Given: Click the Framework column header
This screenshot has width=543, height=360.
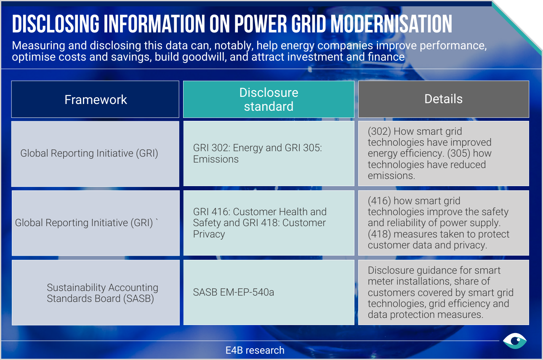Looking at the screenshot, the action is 95,99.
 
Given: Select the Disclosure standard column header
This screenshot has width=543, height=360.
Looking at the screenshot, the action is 269,99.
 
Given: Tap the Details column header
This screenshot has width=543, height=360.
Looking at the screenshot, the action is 443,99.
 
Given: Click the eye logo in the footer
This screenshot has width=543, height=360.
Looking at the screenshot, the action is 515,341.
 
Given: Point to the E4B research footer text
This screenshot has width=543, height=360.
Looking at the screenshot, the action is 255,350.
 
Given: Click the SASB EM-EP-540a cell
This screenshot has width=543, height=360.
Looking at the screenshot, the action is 269,292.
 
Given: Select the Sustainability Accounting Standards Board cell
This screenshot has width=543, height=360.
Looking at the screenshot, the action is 96,293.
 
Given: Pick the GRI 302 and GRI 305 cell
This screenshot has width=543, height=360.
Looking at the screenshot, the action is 269,153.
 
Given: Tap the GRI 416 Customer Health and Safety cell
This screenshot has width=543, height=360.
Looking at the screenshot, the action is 269,223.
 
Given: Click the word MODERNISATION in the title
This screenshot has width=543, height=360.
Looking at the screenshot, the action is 391,24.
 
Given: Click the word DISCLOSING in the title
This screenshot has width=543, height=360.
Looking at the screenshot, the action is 56,24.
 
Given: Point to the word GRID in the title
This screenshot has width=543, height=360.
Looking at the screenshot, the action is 309,24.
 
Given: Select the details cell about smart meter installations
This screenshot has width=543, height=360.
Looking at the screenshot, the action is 443,292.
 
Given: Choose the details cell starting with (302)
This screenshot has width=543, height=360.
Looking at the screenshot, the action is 443,153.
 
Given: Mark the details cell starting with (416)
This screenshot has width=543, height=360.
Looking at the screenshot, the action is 443,223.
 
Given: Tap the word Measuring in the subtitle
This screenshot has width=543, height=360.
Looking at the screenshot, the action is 38,46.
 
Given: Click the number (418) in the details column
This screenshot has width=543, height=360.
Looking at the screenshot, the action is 379,234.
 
